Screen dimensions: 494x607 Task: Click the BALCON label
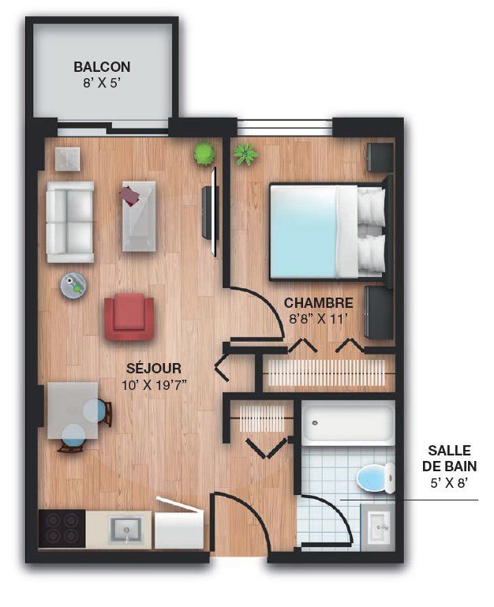(102, 67)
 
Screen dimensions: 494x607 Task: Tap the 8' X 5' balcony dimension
(100, 83)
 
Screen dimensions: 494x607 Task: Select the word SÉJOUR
(153, 368)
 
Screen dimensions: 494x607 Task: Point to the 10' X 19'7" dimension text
(155, 385)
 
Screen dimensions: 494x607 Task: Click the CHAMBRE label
(318, 303)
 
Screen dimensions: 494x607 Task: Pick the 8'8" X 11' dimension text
(316, 319)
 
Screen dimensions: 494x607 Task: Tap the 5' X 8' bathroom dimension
(449, 483)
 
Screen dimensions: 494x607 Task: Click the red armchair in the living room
(129, 317)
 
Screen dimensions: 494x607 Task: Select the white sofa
(69, 223)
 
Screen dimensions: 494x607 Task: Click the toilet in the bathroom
(376, 478)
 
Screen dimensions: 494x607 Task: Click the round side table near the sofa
(73, 285)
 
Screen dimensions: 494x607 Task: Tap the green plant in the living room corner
(204, 154)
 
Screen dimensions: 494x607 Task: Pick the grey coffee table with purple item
(139, 216)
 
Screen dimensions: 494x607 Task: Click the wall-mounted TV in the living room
(211, 212)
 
